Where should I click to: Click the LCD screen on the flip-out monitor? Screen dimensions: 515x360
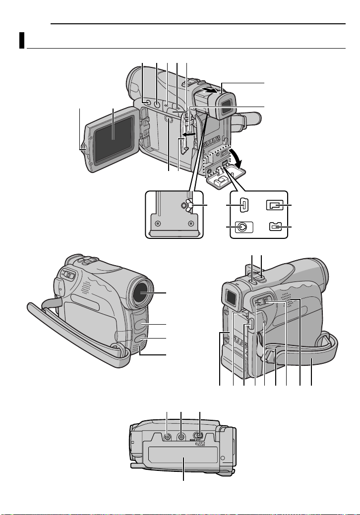[x=114, y=137]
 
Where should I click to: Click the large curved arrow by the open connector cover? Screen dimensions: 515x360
[x=232, y=159]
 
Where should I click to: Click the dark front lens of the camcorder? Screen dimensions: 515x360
[x=145, y=293]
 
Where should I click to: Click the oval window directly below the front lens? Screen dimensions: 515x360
[x=142, y=325]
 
